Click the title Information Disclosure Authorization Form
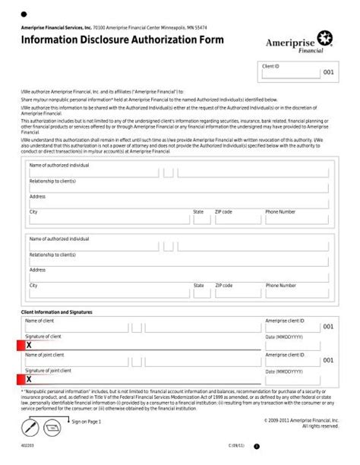pos(122,40)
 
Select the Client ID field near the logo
pos(290,73)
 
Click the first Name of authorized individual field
pos(93,172)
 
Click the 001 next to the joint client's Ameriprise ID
pos(328,360)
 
